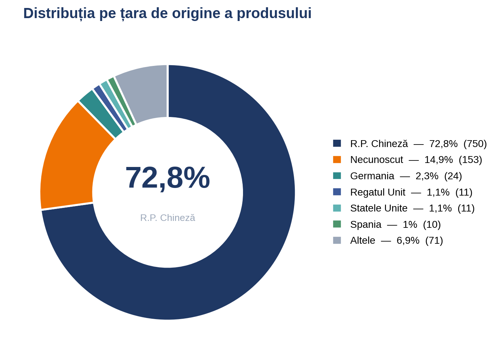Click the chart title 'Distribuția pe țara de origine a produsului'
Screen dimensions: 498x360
coord(167,13)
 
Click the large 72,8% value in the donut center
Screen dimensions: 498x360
coord(168,178)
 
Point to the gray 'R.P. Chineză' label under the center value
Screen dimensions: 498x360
coord(168,218)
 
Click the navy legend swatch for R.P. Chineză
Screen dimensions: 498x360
coord(337,143)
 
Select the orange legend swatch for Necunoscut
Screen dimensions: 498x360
coord(337,159)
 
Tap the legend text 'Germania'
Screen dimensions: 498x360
coord(372,176)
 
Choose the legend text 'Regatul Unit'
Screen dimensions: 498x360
coord(378,192)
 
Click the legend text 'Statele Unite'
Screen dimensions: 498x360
coord(379,208)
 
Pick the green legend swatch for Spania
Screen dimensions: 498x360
coord(337,224)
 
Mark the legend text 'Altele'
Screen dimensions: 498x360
coord(363,240)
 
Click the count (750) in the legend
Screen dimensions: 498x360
coord(475,144)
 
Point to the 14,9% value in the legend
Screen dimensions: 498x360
coord(439,160)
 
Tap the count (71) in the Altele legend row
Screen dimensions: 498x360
coord(434,240)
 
